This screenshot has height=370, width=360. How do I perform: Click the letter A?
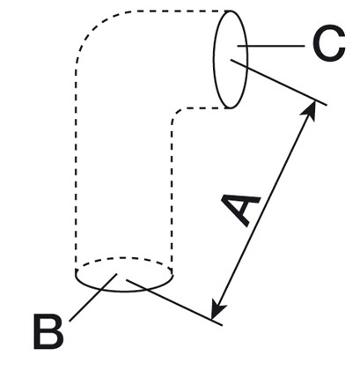[x=239, y=209]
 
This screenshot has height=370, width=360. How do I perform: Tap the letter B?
[x=48, y=331]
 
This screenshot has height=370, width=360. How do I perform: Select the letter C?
[x=328, y=43]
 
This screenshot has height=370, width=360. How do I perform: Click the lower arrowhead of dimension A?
[x=217, y=311]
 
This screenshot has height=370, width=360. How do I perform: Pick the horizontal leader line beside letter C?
[x=271, y=46]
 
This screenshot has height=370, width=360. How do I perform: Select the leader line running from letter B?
[x=93, y=298]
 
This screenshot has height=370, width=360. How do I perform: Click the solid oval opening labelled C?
[x=230, y=59]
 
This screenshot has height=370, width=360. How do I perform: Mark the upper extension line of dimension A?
[x=278, y=82]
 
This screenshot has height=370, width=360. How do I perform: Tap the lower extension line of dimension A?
[x=174, y=302]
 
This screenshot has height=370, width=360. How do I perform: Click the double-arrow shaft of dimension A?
[x=264, y=210]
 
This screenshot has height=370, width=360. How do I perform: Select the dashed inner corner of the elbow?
[x=177, y=113]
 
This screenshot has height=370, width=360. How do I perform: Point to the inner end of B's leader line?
[x=117, y=274]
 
